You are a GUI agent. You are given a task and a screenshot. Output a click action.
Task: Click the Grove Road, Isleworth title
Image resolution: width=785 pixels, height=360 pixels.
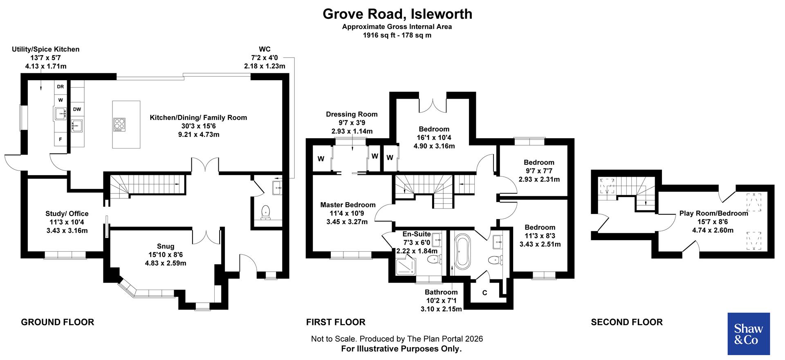click(x=397, y=14)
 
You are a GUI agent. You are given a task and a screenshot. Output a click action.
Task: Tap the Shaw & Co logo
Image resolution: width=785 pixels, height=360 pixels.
click(x=748, y=334)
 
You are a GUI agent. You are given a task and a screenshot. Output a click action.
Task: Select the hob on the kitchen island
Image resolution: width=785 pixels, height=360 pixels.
click(x=119, y=124)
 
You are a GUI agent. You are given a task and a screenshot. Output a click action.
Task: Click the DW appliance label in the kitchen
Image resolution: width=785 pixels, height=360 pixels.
click(x=77, y=109)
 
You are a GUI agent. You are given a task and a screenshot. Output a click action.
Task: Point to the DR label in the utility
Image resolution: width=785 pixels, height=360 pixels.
click(x=61, y=87)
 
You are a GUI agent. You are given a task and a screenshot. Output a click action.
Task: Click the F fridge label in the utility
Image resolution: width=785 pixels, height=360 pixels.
click(x=61, y=139)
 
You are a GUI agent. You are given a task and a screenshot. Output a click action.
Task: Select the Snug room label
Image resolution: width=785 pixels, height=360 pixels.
click(x=165, y=246)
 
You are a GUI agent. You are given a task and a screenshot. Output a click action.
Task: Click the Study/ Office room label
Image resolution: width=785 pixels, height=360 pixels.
click(x=67, y=214)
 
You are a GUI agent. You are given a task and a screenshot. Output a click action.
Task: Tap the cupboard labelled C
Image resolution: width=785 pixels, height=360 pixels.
click(x=484, y=293)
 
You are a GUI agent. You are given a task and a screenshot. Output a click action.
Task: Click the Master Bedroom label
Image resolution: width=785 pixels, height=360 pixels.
click(x=348, y=205)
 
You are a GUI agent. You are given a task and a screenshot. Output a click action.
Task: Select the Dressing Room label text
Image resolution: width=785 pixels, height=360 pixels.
click(x=352, y=114)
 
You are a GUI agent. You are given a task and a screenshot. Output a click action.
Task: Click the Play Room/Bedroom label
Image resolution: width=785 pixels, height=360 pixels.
click(x=713, y=213)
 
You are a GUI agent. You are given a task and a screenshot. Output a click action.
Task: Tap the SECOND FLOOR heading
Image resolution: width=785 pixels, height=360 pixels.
click(x=626, y=322)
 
